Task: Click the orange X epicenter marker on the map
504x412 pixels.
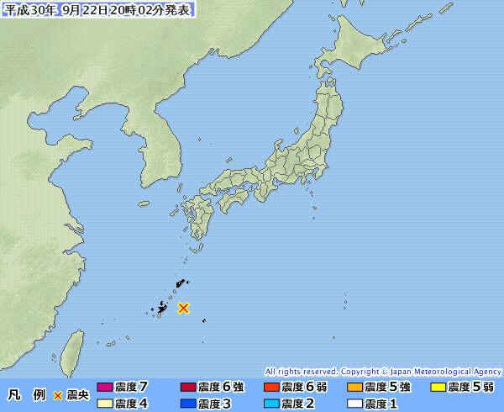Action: coord(183,308)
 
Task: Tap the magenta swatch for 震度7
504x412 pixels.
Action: coord(104,388)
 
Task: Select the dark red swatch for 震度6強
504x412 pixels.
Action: coord(187,388)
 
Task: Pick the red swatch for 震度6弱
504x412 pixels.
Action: coord(270,388)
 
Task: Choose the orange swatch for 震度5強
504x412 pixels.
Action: coord(354,388)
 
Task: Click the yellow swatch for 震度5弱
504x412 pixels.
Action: coord(437,388)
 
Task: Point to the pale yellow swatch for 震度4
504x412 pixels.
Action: coord(104,404)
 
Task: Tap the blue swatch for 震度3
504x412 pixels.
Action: coord(187,404)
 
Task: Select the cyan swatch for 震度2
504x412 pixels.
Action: coord(270,404)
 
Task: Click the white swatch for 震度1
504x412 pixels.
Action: coord(354,404)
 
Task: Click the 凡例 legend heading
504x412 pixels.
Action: coord(24,394)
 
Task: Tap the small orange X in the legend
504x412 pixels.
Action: coord(58,394)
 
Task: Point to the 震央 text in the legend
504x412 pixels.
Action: coord(77,394)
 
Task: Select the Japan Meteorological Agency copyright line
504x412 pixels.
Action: coord(383,371)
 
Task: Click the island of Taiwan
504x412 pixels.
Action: coord(75,349)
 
